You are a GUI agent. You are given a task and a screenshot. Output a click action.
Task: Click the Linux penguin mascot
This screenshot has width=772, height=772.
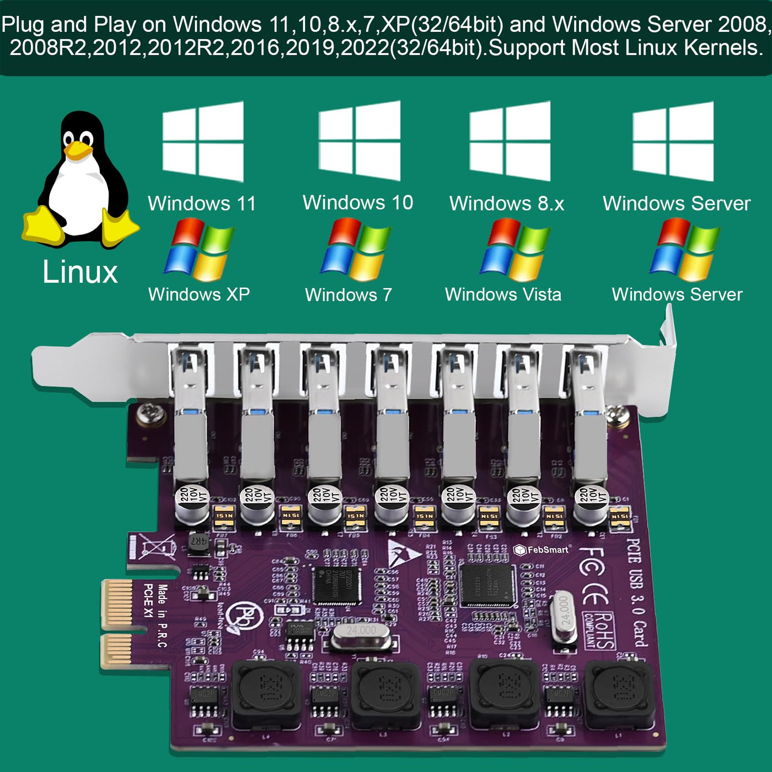[x=80, y=179]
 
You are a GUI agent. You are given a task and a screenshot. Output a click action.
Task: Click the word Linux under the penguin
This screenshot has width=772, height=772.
[x=81, y=272]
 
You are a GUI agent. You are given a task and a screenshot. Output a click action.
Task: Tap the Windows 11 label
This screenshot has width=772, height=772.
[x=202, y=203]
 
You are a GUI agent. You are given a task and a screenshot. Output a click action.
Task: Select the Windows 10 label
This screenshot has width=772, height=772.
[x=358, y=202]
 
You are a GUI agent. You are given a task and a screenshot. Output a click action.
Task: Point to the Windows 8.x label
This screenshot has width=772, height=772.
[x=507, y=203]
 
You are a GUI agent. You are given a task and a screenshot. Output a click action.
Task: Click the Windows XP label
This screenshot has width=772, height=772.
[x=199, y=294]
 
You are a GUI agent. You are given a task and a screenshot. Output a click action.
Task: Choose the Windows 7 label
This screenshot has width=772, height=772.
[x=349, y=294]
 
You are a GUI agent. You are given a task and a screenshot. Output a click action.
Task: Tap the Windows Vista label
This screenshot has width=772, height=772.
[x=503, y=294]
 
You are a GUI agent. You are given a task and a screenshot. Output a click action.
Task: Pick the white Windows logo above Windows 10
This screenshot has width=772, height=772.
[x=360, y=141]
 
